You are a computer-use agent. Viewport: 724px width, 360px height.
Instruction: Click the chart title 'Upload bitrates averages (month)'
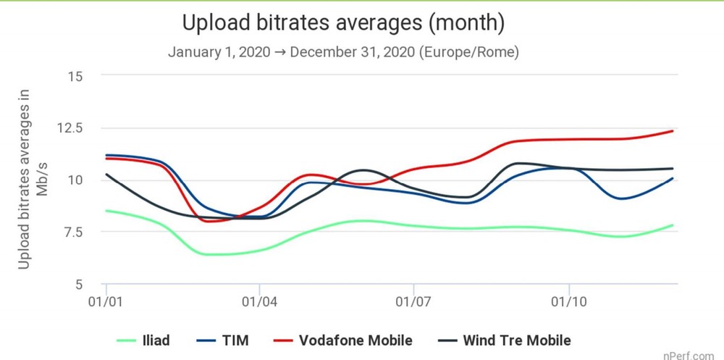point(343,23)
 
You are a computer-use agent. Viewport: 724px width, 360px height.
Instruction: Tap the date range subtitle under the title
point(343,53)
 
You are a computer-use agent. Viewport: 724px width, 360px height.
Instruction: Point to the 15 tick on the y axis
point(75,76)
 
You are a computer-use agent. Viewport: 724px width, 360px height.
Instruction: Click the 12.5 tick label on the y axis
point(70,128)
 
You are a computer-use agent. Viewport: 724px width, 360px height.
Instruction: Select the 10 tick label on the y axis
point(75,180)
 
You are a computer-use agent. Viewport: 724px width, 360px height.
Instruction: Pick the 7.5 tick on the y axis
point(72,232)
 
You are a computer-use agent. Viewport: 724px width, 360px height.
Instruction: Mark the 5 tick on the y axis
point(79,284)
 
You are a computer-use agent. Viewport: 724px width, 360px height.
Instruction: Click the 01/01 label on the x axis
point(106,299)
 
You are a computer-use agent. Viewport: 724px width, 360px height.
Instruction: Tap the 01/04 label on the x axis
point(259,299)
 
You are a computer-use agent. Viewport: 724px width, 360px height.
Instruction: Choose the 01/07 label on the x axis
point(413,299)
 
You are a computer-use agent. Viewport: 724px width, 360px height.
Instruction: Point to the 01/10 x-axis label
point(568,299)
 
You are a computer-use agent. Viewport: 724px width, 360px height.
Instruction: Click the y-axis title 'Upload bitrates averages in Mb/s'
point(33,180)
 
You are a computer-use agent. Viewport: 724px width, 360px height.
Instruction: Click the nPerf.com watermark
point(693,353)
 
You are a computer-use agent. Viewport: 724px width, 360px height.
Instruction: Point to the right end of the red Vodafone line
point(673,131)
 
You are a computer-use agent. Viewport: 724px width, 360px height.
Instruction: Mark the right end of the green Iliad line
point(673,225)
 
